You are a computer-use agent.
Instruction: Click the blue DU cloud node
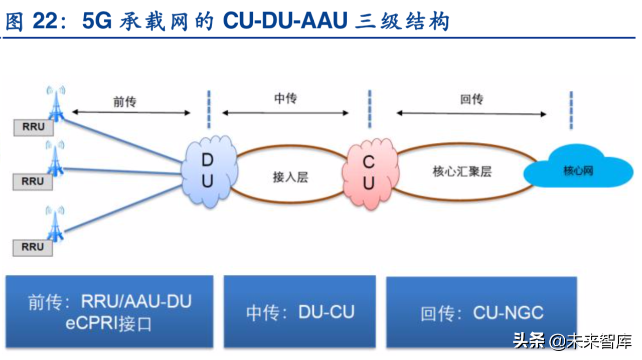(208, 171)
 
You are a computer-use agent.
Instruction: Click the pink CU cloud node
(369, 172)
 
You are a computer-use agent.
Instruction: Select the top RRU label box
(33, 127)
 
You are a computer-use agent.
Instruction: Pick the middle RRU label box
(33, 182)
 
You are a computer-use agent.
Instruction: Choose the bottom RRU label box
(33, 247)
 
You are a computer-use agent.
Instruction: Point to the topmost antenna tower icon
(56, 104)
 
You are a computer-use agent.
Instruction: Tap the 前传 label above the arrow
(124, 102)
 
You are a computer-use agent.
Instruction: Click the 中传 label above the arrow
(285, 98)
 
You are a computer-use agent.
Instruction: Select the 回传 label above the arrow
(471, 99)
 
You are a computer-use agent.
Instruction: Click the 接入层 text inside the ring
(290, 177)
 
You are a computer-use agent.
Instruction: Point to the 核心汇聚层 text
(462, 171)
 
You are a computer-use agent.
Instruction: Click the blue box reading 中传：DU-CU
(299, 311)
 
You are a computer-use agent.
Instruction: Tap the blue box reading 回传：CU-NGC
(481, 312)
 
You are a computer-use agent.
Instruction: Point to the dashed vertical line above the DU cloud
(209, 109)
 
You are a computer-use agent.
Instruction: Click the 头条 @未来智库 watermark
(572, 342)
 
